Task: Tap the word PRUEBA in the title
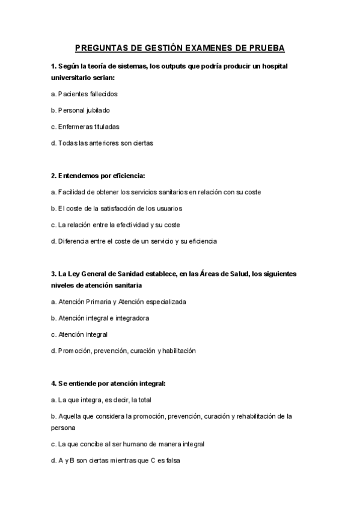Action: (265, 48)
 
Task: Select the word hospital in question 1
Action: (270, 66)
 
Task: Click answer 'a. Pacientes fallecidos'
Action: (84, 94)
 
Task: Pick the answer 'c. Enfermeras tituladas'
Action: (85, 127)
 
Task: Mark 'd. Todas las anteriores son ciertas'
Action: (102, 143)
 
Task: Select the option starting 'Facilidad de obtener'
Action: (156, 192)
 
